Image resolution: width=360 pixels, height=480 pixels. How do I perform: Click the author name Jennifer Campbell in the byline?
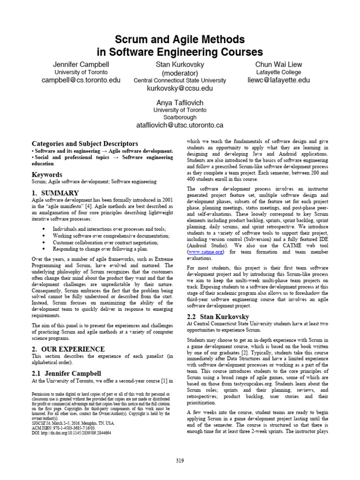click(x=81, y=64)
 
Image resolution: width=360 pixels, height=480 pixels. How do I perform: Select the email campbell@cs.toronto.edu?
click(x=81, y=80)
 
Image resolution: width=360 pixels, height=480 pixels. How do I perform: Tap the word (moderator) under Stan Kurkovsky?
click(x=180, y=73)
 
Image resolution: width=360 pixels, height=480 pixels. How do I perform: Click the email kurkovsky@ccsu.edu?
click(x=180, y=88)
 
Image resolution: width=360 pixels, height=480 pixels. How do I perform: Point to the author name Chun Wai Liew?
click(x=278, y=64)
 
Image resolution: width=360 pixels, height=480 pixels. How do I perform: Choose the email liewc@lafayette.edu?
click(x=278, y=80)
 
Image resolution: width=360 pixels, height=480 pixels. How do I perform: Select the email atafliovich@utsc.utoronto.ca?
click(x=180, y=125)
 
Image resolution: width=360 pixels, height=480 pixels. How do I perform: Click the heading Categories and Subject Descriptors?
click(x=85, y=143)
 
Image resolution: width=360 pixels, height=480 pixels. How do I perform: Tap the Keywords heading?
click(x=47, y=175)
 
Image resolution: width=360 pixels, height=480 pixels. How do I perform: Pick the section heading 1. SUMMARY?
click(x=55, y=193)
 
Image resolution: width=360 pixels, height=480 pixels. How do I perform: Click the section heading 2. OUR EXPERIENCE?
click(x=68, y=349)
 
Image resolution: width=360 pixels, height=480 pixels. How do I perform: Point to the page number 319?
click(x=180, y=461)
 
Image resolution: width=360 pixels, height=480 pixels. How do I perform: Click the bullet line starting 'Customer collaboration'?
click(x=105, y=242)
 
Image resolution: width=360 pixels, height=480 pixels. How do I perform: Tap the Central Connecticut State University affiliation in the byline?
click(x=180, y=81)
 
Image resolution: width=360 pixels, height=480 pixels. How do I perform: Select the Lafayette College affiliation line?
click(x=278, y=72)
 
